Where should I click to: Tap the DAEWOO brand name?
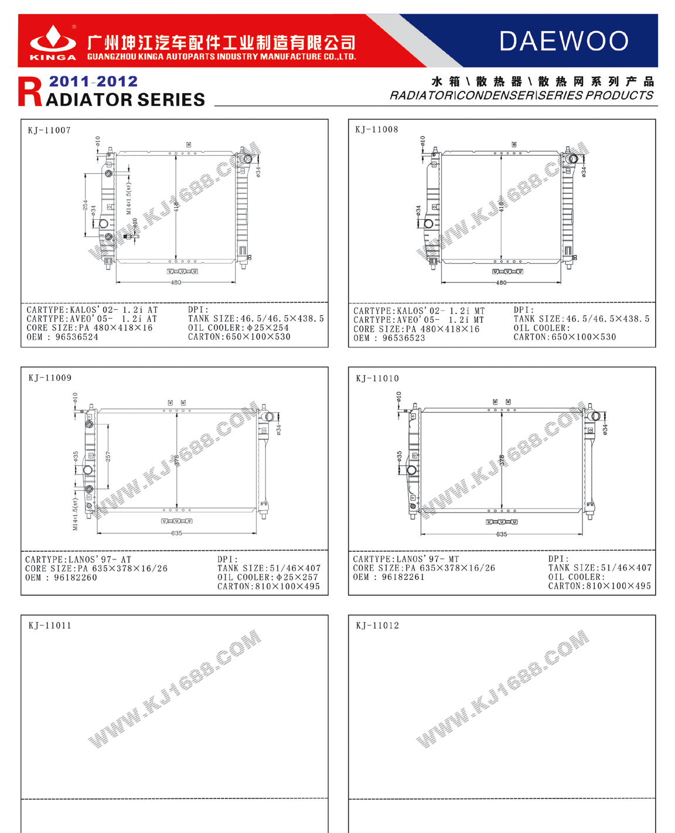pyautogui.click(x=564, y=41)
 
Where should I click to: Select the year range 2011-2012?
pyautogui.click(x=93, y=81)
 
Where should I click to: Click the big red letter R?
pyautogui.click(x=30, y=93)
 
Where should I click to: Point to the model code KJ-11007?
pyautogui.click(x=49, y=130)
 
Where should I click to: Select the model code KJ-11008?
pyautogui.click(x=377, y=129)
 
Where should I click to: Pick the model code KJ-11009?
pyautogui.click(x=50, y=378)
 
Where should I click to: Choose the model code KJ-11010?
pyautogui.click(x=377, y=378)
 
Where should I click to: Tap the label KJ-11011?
pyautogui.click(x=50, y=626)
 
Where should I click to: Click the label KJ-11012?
pyautogui.click(x=377, y=626)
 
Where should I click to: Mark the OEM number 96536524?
pyautogui.click(x=77, y=337)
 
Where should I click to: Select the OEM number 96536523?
pyautogui.click(x=404, y=338)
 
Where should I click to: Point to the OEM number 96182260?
pyautogui.click(x=76, y=578)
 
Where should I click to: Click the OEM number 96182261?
pyautogui.click(x=403, y=577)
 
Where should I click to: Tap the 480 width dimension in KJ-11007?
pyautogui.click(x=176, y=282)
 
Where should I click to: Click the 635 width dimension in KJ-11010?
pyautogui.click(x=502, y=534)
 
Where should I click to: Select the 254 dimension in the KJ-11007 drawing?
pyautogui.click(x=86, y=205)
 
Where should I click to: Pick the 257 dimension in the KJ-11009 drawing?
pyautogui.click(x=108, y=456)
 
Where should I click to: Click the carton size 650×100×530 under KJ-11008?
pyautogui.click(x=584, y=337)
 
